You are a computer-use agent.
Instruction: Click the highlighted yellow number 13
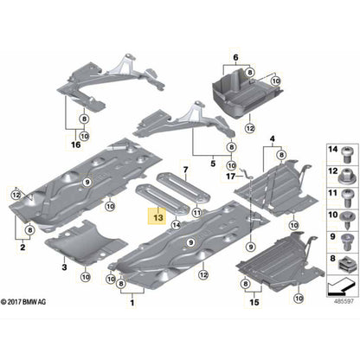pos(158,217)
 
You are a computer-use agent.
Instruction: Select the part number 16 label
pos(76,145)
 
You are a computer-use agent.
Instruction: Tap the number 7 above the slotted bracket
pos(185,170)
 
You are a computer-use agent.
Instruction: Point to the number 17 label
pos(230,176)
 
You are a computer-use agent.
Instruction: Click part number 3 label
pos(64,267)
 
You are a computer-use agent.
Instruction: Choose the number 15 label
pos(254,302)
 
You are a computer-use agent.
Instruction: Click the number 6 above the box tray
pos(235,58)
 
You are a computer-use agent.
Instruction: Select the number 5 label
pos(213,164)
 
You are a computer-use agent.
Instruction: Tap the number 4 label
pos(273,139)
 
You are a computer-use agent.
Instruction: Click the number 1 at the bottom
pos(132,303)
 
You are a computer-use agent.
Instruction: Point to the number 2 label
pos(22,247)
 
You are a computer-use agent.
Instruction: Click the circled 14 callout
pos(176,224)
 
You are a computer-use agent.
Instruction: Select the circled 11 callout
pos(197,213)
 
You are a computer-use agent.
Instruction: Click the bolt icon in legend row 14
pos(345,154)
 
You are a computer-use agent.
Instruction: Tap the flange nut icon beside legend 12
pos(345,176)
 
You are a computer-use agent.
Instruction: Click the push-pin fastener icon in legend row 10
pos(345,219)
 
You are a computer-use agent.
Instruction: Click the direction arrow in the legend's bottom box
pos(341,286)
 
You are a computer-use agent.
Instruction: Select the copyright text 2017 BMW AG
pos(23,302)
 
